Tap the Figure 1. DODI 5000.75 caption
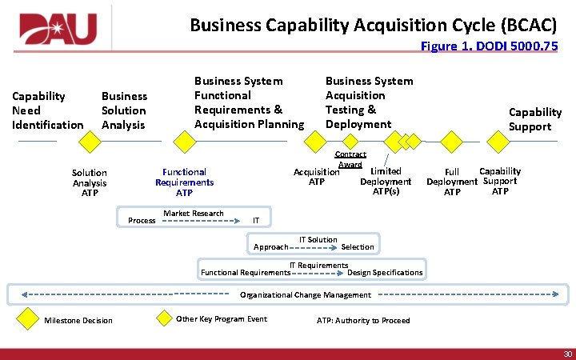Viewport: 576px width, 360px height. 489,46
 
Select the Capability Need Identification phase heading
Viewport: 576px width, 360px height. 47,110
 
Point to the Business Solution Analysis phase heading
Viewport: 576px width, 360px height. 124,110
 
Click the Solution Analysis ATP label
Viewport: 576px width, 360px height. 89,182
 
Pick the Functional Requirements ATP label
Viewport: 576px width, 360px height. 184,182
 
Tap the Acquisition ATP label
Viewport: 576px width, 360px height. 316,177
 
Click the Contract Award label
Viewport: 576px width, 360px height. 350,159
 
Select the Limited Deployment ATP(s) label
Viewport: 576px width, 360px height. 386,181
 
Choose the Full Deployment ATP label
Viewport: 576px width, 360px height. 452,182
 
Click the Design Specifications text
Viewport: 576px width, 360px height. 385,273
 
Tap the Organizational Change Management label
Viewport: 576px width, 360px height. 306,295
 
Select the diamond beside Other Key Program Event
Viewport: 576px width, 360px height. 164,318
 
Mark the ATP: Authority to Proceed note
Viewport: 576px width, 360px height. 363,321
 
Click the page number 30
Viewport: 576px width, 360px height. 567,354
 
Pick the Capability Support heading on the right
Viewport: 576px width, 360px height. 534,119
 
